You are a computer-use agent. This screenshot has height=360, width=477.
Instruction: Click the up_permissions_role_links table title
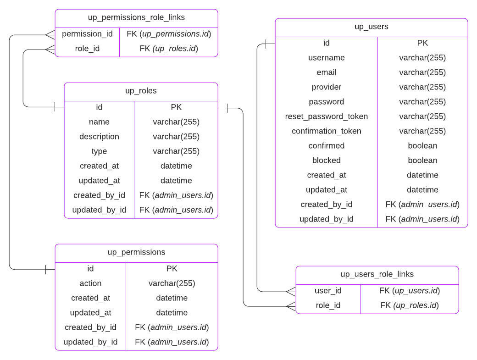(x=136, y=17)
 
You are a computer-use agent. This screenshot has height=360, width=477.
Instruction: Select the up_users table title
(x=371, y=27)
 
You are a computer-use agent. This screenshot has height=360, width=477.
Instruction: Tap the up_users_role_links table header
(x=377, y=274)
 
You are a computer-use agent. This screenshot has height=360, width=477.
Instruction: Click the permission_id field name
(x=87, y=34)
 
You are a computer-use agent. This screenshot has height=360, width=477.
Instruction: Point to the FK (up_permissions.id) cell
(x=169, y=34)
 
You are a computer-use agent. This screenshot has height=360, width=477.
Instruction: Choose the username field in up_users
(x=326, y=58)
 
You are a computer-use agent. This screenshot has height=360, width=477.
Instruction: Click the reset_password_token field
(x=326, y=116)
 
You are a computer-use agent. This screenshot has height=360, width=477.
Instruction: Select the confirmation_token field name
(x=326, y=131)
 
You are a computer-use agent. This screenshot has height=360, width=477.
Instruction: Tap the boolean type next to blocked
(x=422, y=161)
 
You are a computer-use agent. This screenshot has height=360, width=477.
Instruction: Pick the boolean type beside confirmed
(x=422, y=146)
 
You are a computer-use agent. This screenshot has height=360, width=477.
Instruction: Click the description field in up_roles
(x=99, y=137)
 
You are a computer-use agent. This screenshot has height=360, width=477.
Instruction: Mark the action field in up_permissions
(x=90, y=283)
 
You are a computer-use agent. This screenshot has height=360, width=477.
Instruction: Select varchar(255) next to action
(x=172, y=283)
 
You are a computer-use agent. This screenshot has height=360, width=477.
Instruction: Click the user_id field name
(x=328, y=291)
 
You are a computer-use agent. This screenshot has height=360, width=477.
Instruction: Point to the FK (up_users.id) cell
(x=409, y=291)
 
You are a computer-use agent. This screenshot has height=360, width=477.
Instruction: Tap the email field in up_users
(x=326, y=72)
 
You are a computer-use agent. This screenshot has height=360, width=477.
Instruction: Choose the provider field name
(x=326, y=87)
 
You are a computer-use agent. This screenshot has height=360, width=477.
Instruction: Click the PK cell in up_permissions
(x=172, y=269)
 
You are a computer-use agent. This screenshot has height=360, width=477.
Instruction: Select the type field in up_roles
(x=99, y=151)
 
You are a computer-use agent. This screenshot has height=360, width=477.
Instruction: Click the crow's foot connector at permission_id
(x=50, y=34)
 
